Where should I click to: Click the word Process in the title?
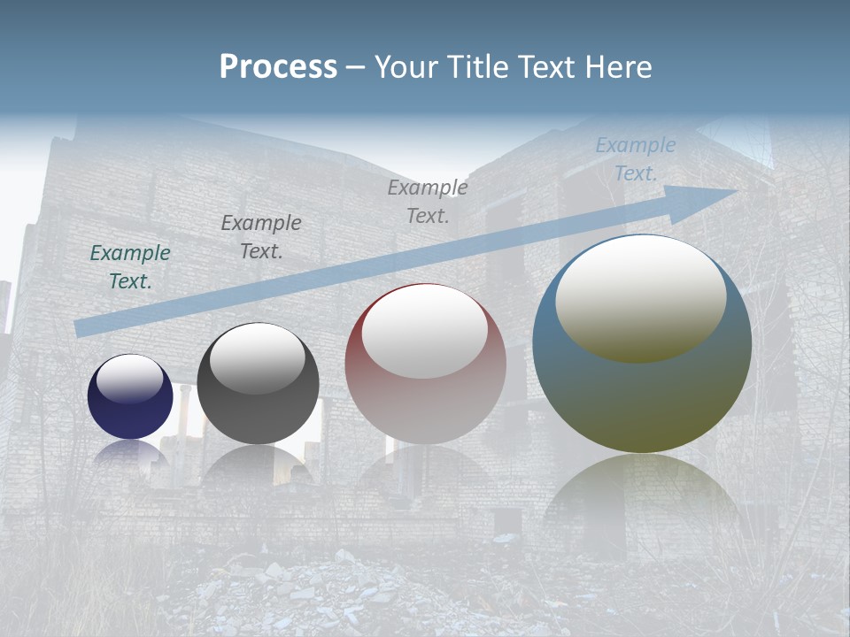click(278, 67)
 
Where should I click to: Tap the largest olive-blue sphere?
click(642, 389)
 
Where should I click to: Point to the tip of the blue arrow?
click(733, 192)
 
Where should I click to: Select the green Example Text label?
click(130, 266)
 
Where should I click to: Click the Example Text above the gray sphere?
click(261, 236)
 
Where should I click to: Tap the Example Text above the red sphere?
click(428, 201)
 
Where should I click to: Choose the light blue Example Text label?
click(636, 158)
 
